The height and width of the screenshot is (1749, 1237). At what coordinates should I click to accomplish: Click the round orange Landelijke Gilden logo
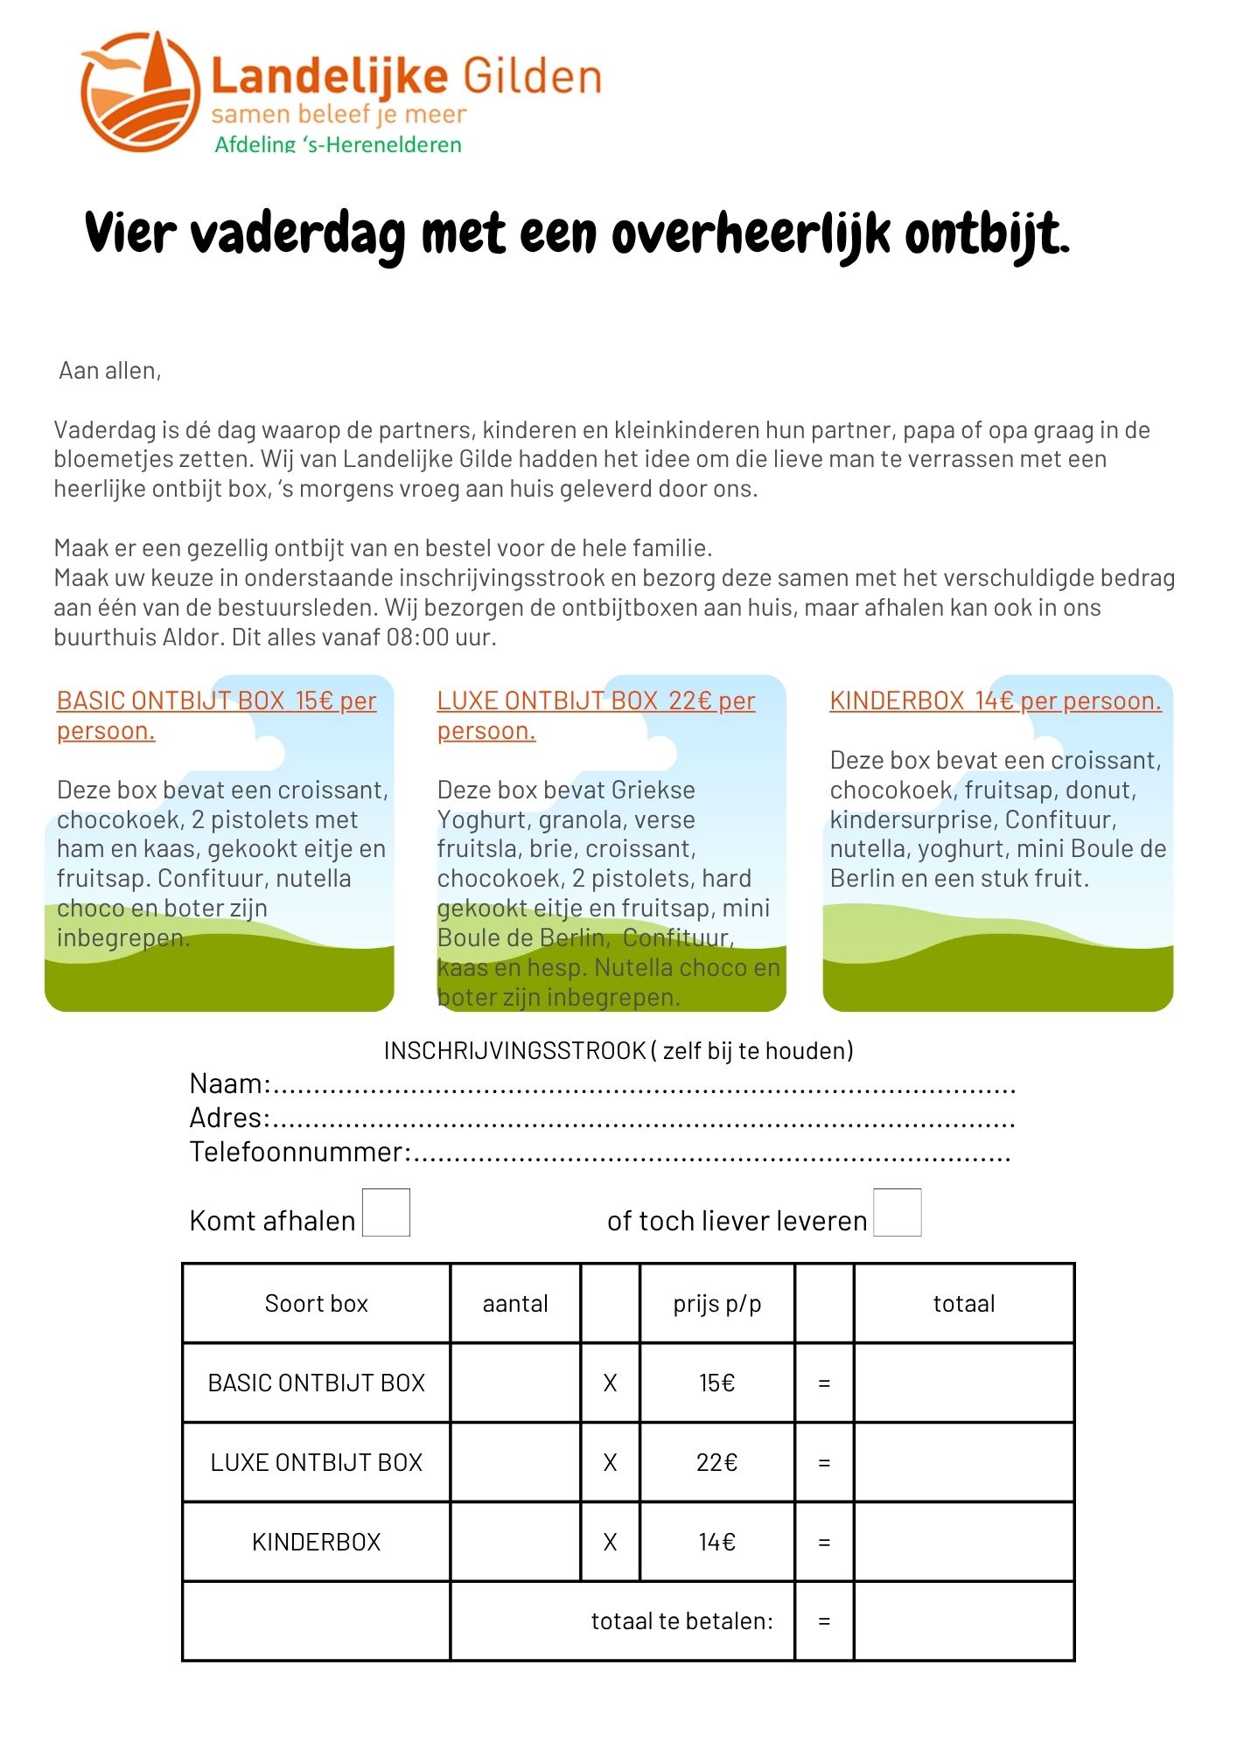point(140,91)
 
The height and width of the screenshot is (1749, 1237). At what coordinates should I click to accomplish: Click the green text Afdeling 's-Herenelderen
point(338,144)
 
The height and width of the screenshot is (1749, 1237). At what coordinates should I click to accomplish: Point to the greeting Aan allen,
point(110,371)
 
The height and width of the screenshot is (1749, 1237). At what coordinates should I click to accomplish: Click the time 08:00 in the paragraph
point(418,638)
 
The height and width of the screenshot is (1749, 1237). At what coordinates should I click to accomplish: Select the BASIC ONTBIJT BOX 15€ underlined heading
point(216,701)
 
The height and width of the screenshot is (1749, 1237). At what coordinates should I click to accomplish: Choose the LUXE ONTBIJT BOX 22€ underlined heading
point(596,701)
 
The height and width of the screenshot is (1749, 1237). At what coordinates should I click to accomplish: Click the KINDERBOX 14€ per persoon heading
point(995,701)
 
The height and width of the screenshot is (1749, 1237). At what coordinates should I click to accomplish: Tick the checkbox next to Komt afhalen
point(386,1212)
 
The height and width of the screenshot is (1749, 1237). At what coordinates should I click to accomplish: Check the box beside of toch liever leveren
point(897,1212)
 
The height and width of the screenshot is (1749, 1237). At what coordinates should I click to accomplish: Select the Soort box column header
point(316,1304)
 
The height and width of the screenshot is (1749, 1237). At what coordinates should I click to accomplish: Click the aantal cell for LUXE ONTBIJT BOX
point(515,1462)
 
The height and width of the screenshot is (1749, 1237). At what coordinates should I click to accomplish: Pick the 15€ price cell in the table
point(716,1383)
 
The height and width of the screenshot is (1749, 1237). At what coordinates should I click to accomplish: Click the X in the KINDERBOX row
point(610,1542)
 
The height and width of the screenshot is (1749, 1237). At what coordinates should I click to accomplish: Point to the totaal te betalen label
point(681,1621)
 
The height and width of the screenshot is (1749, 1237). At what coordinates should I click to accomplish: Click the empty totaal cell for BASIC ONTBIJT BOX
point(963,1383)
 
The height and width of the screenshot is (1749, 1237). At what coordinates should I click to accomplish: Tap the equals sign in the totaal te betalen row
point(823,1621)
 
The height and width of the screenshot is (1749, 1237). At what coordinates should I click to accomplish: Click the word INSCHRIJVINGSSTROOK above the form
point(514,1050)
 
